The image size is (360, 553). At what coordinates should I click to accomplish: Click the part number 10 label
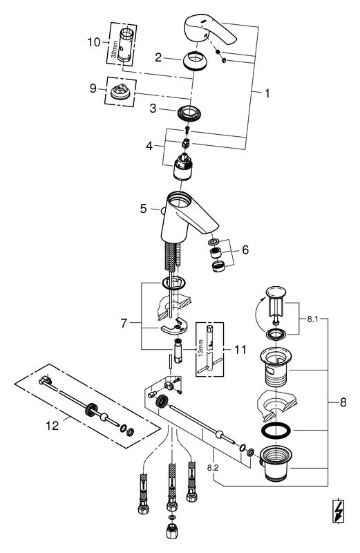(94, 42)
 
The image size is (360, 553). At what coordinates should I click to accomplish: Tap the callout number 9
(93, 88)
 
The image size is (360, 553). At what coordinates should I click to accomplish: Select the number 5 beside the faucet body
(143, 209)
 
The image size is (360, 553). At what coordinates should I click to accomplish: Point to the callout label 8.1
(312, 319)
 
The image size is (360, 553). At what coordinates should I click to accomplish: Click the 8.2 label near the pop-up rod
(213, 468)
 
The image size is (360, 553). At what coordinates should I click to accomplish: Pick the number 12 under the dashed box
(53, 426)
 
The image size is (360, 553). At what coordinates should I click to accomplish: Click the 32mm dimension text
(113, 50)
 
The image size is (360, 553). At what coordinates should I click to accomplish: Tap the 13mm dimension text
(200, 348)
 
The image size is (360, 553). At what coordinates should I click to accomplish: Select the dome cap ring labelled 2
(195, 62)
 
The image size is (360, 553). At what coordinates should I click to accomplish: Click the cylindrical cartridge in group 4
(182, 167)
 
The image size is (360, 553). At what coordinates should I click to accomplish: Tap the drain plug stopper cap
(276, 292)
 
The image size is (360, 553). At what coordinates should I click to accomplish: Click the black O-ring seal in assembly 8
(276, 431)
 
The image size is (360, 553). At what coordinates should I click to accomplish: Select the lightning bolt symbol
(339, 511)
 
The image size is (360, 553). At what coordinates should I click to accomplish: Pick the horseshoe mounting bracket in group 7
(174, 327)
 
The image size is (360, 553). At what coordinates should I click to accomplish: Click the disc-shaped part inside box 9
(121, 92)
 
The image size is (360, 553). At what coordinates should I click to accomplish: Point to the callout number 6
(245, 250)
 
